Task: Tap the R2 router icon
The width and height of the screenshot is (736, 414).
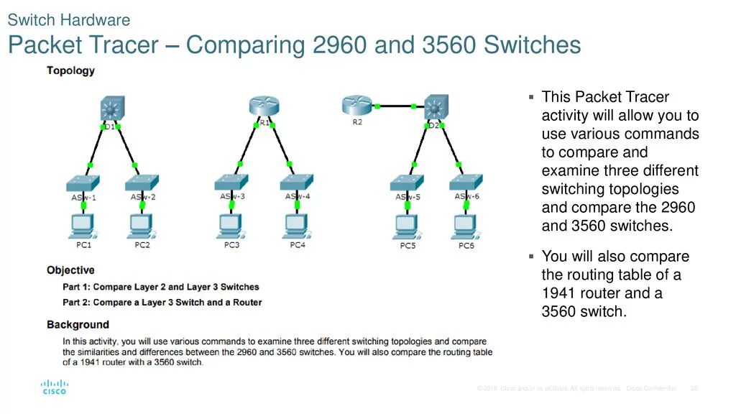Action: pyautogui.click(x=357, y=106)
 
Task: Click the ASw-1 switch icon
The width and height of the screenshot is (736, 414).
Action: pyautogui.click(x=83, y=182)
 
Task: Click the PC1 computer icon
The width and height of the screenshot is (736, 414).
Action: pyautogui.click(x=83, y=226)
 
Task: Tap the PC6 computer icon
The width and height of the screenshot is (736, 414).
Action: pyautogui.click(x=466, y=227)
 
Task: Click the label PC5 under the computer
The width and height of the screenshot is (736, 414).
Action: pyautogui.click(x=408, y=246)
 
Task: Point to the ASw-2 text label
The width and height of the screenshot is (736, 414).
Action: pyautogui.click(x=143, y=197)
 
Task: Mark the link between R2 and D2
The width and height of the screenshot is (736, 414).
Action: pyautogui.click(x=395, y=106)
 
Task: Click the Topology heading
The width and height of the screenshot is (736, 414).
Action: pyautogui.click(x=70, y=70)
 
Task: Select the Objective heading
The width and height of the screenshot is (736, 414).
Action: pyautogui.click(x=70, y=270)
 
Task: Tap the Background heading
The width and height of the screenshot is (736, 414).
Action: pyautogui.click(x=78, y=325)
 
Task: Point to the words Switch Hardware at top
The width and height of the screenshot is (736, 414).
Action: pyautogui.click(x=69, y=19)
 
